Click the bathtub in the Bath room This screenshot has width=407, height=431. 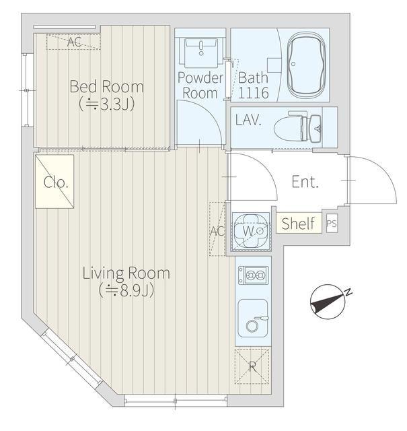(x=306, y=65)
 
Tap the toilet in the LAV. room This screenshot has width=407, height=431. (x=298, y=129)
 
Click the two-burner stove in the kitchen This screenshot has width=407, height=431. (x=253, y=275)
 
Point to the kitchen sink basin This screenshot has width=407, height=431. (x=253, y=318)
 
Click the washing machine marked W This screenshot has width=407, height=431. (x=252, y=231)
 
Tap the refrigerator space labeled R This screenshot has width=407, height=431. (x=252, y=366)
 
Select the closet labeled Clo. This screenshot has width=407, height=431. (x=54, y=181)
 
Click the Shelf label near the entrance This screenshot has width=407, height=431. (x=298, y=223)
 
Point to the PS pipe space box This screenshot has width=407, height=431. (x=332, y=224)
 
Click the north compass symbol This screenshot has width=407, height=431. (x=328, y=302)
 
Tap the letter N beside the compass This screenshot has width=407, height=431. (x=348, y=292)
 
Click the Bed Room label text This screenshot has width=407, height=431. (x=106, y=86)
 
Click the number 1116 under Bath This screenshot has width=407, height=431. (x=253, y=93)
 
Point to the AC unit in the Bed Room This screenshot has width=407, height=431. (x=73, y=42)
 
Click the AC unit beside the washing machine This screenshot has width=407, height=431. (x=217, y=229)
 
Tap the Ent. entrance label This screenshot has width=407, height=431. (x=305, y=182)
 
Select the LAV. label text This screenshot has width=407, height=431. (x=248, y=120)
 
